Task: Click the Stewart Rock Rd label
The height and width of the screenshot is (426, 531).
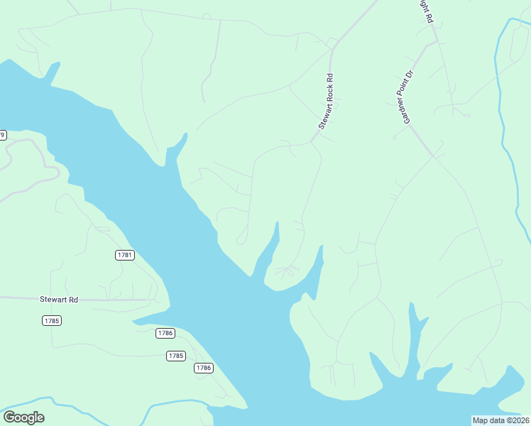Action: coord(326,101)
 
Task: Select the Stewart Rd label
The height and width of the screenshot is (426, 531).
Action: coord(59,300)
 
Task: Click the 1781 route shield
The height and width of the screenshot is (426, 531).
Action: coord(124,255)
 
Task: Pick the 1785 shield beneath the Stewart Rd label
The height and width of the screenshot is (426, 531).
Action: coord(52,321)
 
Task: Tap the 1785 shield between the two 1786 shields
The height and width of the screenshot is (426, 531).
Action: coord(176,356)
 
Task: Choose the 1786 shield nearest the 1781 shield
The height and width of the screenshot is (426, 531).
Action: coord(165,333)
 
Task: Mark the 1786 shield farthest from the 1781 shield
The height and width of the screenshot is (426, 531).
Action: coord(204,368)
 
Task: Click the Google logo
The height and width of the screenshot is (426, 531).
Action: coord(23,417)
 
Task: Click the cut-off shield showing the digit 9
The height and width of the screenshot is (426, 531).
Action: coord(3,135)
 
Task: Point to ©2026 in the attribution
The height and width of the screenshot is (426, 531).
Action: coord(516,420)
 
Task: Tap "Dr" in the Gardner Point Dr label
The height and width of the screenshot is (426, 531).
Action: coord(410,75)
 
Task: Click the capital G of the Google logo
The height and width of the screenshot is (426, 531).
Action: coord(9,417)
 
